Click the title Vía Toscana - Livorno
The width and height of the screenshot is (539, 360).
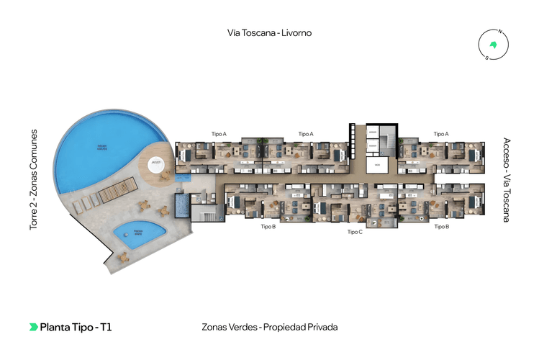point(269,32)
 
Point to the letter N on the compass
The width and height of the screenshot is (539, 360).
point(500,32)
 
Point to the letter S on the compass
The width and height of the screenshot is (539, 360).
point(486,58)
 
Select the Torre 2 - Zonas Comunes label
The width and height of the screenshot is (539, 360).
point(33,180)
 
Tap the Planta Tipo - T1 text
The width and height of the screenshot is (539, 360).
point(76,327)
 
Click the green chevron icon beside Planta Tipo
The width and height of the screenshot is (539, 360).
point(33,327)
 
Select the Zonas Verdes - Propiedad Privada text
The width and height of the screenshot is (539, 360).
point(270,327)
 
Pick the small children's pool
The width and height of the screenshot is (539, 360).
point(138,233)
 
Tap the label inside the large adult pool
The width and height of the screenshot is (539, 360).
point(102,148)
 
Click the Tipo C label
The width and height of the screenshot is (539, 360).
point(354,232)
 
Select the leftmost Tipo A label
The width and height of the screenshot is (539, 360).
point(219,134)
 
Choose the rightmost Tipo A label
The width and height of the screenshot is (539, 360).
point(441,134)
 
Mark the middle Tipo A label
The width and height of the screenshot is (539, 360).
point(306,134)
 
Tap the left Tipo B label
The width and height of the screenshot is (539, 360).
point(268,226)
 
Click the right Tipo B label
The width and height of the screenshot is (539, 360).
point(441,226)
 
